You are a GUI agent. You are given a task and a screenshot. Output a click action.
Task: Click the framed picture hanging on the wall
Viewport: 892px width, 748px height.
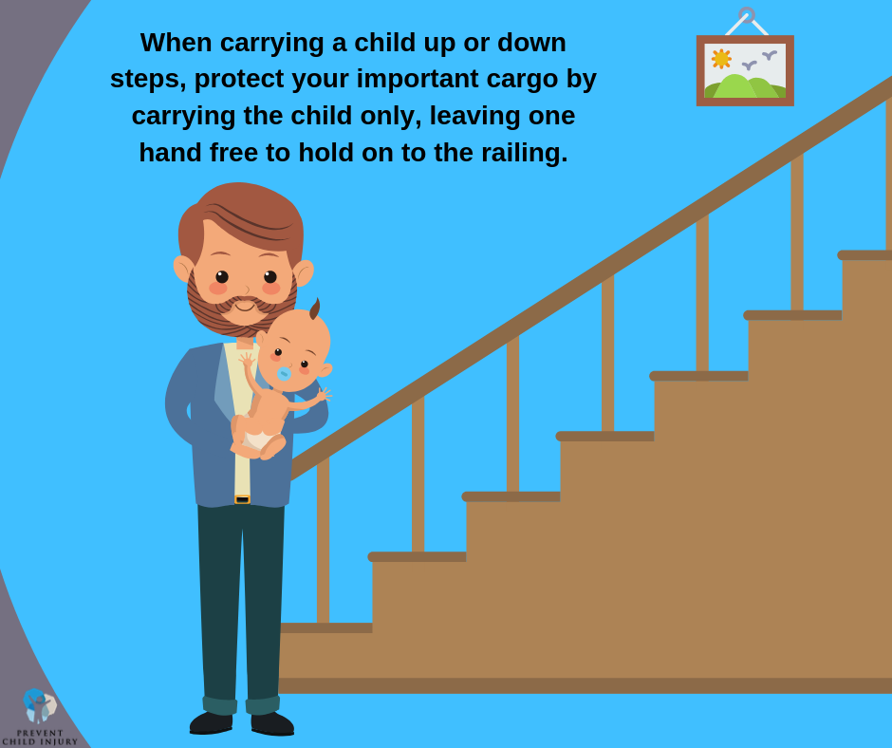pos(745,71)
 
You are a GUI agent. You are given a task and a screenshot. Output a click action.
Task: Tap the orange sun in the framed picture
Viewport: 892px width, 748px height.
pos(721,59)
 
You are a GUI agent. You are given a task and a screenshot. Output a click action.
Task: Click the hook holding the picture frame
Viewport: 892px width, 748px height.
pos(747,15)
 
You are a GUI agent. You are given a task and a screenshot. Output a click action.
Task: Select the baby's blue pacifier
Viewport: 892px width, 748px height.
pos(284,374)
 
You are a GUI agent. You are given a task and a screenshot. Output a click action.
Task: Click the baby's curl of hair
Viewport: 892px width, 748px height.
pos(314,309)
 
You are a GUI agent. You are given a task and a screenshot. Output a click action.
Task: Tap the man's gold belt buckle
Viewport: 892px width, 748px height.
pos(242,498)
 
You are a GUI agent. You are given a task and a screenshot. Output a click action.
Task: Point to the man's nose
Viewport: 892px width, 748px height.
pos(246,289)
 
